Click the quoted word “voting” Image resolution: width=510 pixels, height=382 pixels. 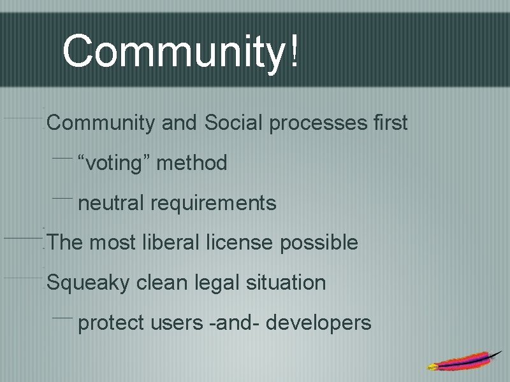click(113, 164)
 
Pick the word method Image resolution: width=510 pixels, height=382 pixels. click(191, 163)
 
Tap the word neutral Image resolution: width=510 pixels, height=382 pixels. click(112, 203)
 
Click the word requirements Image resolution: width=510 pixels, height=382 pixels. click(214, 204)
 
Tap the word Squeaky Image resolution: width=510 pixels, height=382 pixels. click(89, 283)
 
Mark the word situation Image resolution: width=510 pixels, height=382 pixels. click(288, 282)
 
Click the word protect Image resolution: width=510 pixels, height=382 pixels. click(111, 323)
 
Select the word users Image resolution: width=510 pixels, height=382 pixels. click(177, 323)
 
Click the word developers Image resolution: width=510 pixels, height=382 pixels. click(318, 323)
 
